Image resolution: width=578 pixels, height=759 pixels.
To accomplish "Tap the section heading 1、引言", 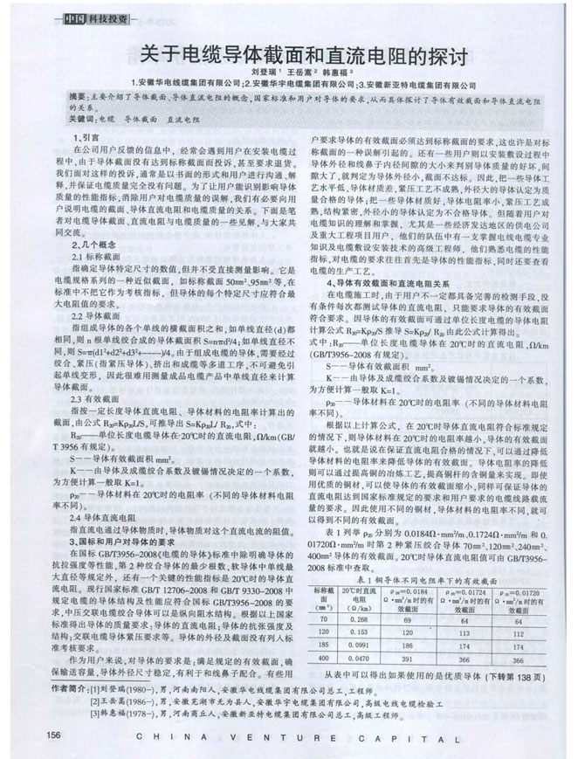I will tap(86, 138).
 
